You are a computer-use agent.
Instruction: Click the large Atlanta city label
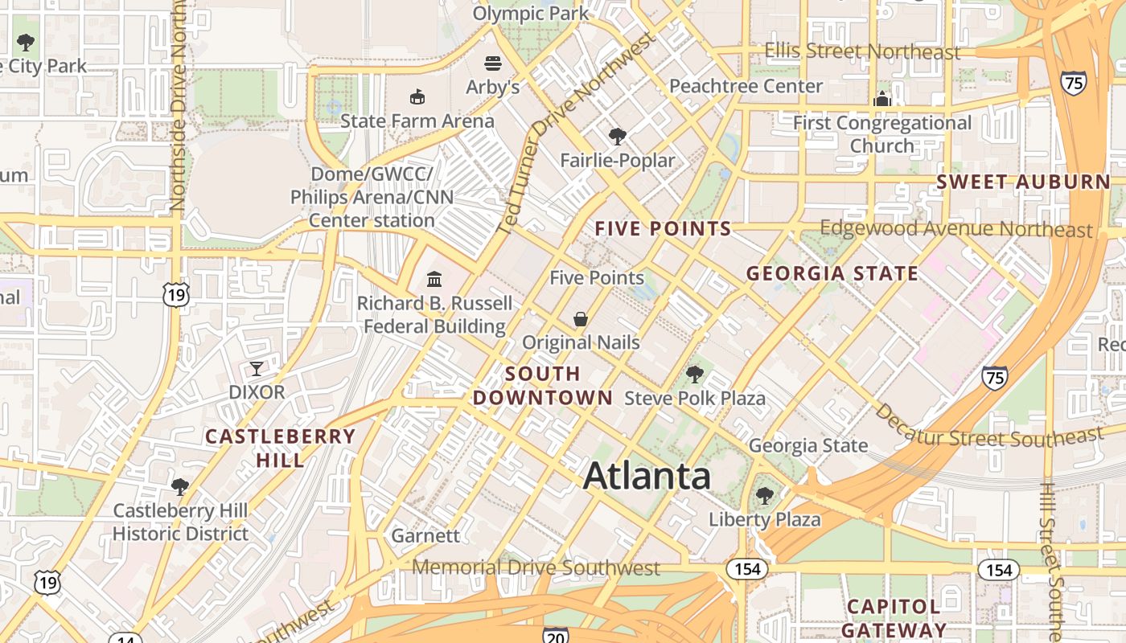[647, 476]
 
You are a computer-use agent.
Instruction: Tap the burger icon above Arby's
[493, 63]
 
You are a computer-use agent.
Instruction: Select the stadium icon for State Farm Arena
[417, 97]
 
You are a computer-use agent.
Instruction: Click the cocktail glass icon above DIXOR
[257, 369]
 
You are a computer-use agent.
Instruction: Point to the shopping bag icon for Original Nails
[581, 319]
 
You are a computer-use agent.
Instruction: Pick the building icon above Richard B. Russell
[434, 280]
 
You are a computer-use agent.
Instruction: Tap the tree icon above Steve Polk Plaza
[695, 374]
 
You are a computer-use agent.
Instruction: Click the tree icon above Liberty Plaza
[764, 496]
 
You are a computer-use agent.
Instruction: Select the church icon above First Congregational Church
[882, 99]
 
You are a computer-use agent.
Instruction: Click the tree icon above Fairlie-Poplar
[617, 137]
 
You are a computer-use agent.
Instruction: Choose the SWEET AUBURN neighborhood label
[1023, 182]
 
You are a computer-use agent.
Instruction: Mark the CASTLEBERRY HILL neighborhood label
[280, 448]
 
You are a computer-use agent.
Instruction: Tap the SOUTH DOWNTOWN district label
[543, 386]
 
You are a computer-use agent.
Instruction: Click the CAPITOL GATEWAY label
[894, 617]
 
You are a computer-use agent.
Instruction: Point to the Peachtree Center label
[746, 86]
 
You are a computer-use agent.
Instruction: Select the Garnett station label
[425, 535]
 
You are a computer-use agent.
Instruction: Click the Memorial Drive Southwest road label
[536, 568]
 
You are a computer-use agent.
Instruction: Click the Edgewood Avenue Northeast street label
[956, 229]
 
